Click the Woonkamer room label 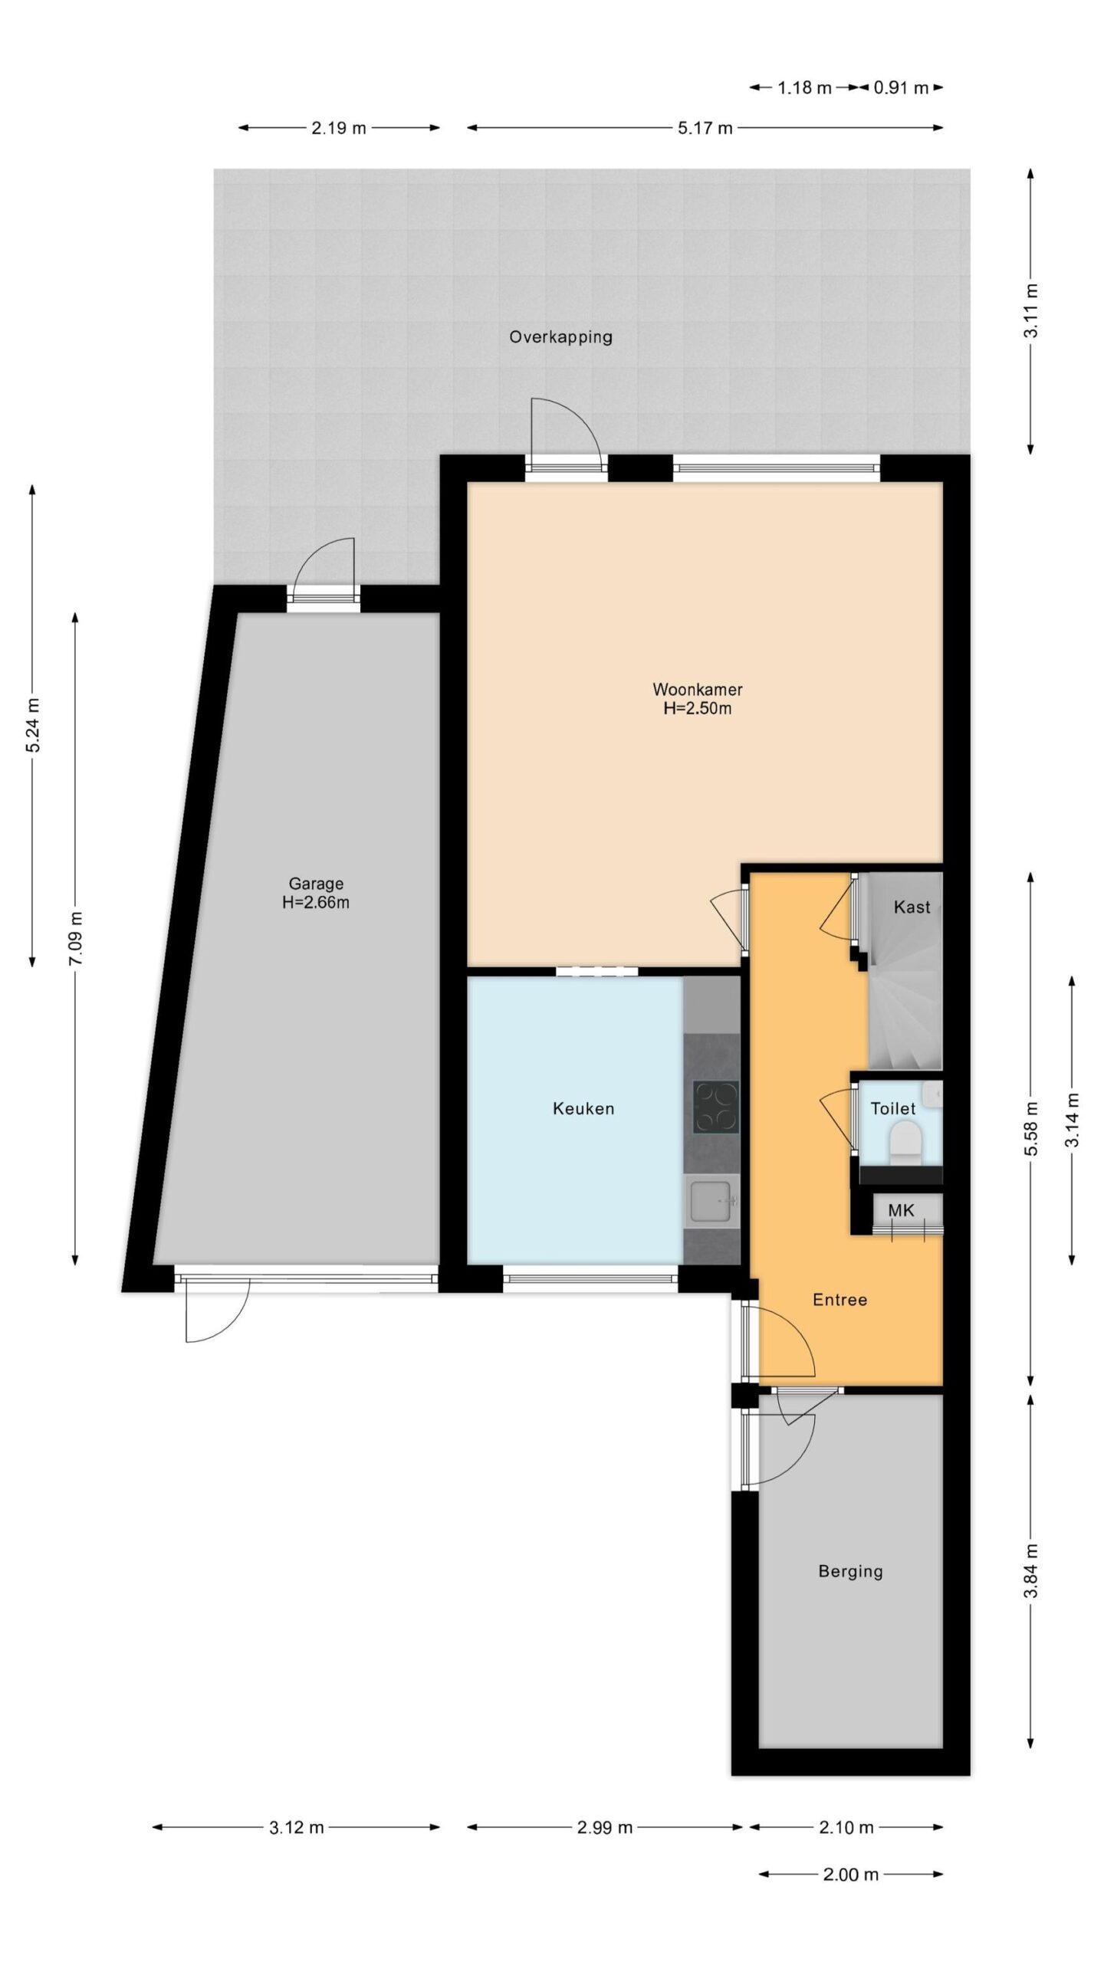[x=697, y=689]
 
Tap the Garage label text [x=316, y=884]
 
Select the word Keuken [x=583, y=1108]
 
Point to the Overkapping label [x=560, y=336]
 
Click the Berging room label [x=850, y=1572]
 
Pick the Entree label [x=839, y=1299]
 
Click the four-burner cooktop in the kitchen [x=715, y=1107]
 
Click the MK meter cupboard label [x=901, y=1210]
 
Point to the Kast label [x=912, y=907]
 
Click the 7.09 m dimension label [x=76, y=940]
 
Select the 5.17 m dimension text [x=705, y=128]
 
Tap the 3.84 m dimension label [x=1032, y=1570]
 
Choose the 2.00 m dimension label [x=851, y=1875]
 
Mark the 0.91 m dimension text [x=901, y=87]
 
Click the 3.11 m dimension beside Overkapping [x=1032, y=310]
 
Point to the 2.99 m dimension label [x=605, y=1828]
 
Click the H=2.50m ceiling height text [x=697, y=708]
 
